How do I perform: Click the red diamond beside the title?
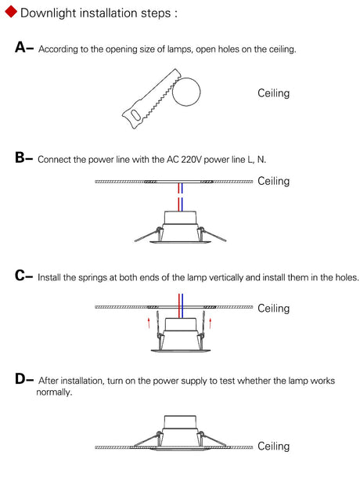point(11,12)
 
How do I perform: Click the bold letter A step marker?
point(20,48)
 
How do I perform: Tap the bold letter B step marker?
point(20,158)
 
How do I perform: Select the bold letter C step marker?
point(20,276)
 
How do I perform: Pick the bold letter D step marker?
point(20,379)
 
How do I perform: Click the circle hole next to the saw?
point(186,92)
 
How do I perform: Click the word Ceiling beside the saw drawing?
point(273,93)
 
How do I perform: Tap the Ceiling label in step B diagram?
point(273,181)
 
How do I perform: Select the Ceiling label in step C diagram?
point(273,308)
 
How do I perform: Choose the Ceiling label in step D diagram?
point(273,446)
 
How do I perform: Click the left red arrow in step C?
point(149,323)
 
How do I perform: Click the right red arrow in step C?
point(210,323)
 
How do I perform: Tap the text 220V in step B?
point(192,160)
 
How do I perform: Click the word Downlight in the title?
point(48,13)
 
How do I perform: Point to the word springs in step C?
point(93,277)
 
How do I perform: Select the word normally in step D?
point(53,392)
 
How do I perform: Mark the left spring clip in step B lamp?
point(149,234)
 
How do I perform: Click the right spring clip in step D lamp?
point(211,439)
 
